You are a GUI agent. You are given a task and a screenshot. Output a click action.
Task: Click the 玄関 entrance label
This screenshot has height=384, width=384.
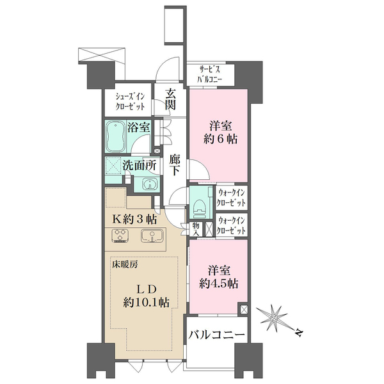(x=170, y=99)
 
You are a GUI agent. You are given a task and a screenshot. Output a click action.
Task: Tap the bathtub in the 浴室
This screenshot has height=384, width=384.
(x=116, y=136)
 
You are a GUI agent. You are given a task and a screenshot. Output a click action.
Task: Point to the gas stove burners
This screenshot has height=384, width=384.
(x=120, y=235)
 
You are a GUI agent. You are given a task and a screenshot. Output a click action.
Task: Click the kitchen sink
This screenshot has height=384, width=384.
(x=152, y=236)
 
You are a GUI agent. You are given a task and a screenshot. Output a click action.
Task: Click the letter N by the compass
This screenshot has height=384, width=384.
(x=299, y=333)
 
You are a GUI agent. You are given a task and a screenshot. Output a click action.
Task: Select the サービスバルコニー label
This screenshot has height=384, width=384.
(x=210, y=74)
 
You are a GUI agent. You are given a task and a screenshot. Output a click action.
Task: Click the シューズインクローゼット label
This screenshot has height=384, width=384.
(x=130, y=102)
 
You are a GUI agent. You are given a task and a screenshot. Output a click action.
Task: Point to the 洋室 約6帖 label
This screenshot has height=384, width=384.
(x=220, y=132)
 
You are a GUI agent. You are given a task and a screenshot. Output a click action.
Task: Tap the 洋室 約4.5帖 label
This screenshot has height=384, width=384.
(x=219, y=277)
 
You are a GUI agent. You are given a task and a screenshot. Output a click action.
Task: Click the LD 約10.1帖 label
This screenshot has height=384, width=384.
(x=146, y=296)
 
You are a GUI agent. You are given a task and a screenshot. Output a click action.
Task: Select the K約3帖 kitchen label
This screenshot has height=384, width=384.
(x=134, y=220)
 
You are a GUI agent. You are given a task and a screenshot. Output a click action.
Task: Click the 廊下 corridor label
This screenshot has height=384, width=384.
(x=175, y=165)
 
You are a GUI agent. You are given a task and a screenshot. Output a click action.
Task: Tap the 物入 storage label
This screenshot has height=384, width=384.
(x=195, y=229)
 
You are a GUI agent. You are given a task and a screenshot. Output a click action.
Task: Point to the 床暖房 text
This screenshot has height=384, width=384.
(x=125, y=264)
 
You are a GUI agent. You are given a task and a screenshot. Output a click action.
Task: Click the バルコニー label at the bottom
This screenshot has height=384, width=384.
(x=216, y=335)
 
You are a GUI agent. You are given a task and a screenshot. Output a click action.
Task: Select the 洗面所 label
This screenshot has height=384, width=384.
(x=140, y=165)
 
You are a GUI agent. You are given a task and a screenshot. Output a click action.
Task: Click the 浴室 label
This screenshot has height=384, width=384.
(x=138, y=127)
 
